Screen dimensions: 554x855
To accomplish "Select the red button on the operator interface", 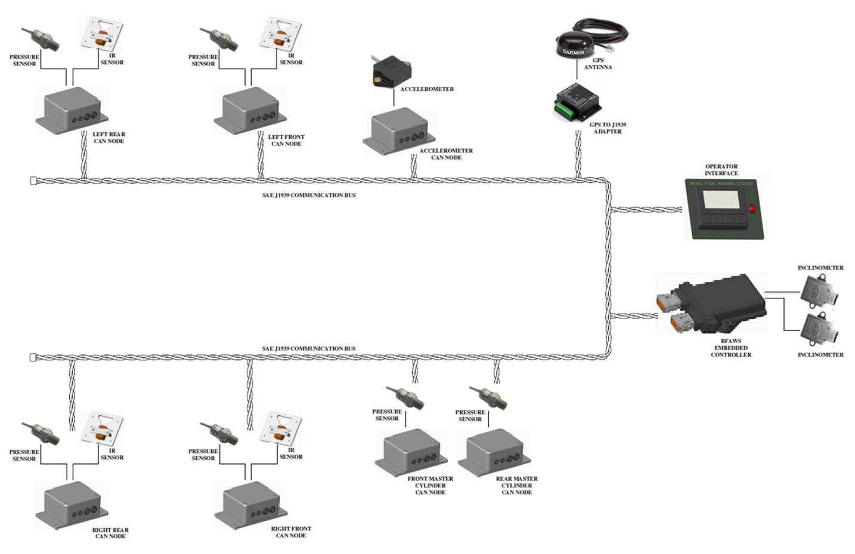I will coord(752,208).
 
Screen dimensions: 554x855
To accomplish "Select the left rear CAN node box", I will coord(72,110).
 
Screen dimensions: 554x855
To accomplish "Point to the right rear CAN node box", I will coord(72,505).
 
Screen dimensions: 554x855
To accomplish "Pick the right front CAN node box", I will coord(250,505).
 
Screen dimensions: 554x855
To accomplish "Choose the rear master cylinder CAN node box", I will coord(494,453).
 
